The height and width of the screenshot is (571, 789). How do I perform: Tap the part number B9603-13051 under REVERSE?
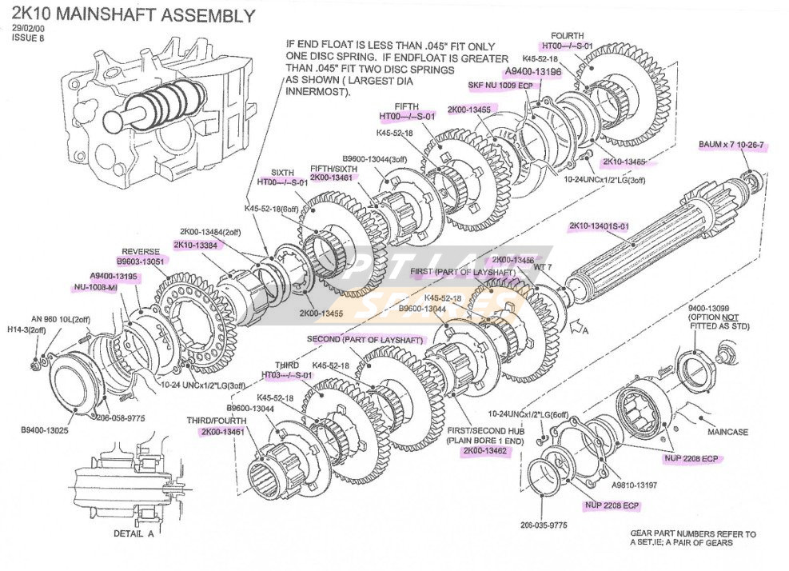point(140,261)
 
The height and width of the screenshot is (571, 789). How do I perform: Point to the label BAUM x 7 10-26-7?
point(731,145)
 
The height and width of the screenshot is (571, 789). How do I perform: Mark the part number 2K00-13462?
point(485,450)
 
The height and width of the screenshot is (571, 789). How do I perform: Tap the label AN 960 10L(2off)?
point(61,318)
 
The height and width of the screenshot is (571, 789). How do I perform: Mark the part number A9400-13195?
point(114,276)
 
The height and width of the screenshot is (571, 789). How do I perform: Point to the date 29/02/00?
point(28,29)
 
